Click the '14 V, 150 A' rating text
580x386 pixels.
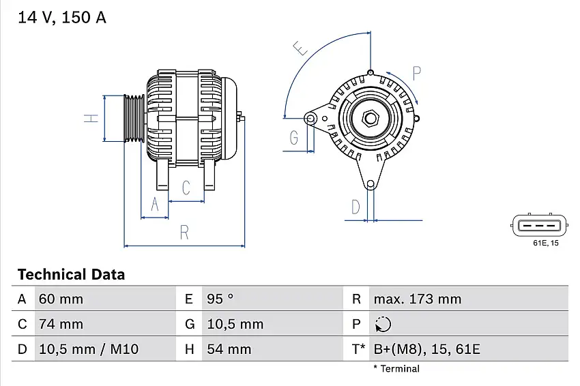coord(62,18)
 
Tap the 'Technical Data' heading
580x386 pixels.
coord(71,275)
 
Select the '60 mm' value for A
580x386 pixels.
coord(61,299)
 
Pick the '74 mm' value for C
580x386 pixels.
coord(61,324)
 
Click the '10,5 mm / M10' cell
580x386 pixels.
coord(89,349)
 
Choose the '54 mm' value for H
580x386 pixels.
coord(226,349)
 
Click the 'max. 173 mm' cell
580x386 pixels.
coord(417,299)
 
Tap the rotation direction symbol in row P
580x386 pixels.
coord(383,324)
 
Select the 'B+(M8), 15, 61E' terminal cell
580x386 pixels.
coord(426,349)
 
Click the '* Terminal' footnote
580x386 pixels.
coord(396,369)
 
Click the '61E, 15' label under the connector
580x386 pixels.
coord(545,243)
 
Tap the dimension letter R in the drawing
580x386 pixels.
coord(184,232)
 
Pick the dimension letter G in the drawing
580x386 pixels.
coord(294,138)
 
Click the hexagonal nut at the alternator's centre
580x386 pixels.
coord(371,118)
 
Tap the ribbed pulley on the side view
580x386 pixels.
coord(134,119)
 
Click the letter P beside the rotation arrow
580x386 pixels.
coord(417,72)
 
